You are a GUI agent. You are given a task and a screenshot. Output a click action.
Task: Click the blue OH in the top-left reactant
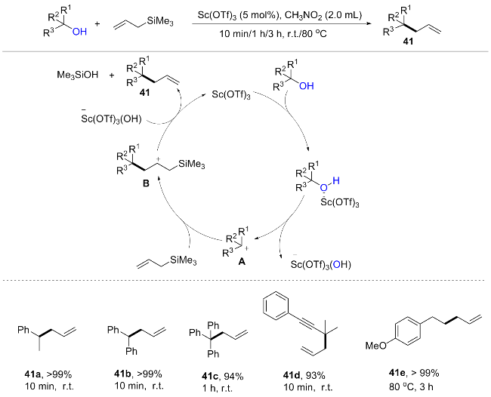coord(79,32)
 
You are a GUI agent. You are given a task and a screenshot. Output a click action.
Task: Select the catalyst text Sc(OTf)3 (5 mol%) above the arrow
coord(239,15)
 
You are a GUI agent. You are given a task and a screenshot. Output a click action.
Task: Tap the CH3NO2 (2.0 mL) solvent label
coord(323,15)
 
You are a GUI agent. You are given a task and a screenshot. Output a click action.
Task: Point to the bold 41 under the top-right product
coord(408,41)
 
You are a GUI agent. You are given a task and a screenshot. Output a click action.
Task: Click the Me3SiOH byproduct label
coord(78,75)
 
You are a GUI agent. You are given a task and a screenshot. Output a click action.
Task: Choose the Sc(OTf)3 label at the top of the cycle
coord(231,94)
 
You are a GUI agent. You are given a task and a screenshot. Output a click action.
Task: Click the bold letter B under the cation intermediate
coord(146,183)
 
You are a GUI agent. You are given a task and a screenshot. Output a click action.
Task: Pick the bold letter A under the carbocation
coord(242,262)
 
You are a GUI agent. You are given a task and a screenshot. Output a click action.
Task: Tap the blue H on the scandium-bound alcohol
coord(336,180)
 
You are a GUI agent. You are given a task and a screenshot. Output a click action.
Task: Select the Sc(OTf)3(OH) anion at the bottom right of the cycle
coord(320,264)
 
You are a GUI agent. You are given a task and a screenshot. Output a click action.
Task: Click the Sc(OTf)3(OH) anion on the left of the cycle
coord(112,119)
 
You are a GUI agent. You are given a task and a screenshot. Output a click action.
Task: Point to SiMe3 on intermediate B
coord(192,165)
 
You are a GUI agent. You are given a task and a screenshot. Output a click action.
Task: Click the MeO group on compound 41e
coord(376,346)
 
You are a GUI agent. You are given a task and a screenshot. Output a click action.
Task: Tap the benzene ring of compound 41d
coord(276,306)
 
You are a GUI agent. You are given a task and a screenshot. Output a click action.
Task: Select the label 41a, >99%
coord(48,374)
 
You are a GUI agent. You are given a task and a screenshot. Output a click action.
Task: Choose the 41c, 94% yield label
coord(223,376)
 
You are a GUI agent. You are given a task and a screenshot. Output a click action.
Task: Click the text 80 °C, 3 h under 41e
coord(411,386)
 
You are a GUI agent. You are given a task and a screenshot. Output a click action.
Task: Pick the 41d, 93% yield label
coord(304,375)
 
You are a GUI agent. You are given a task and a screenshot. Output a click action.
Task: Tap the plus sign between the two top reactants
coord(97,24)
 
